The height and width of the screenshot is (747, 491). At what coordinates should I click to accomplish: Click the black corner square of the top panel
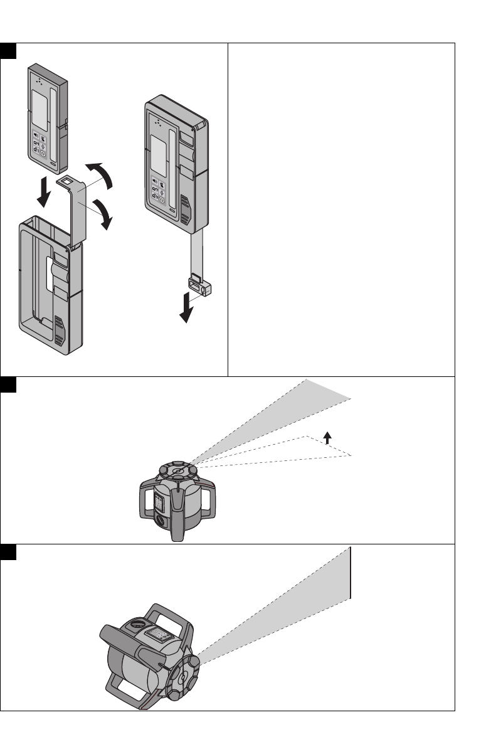(8, 50)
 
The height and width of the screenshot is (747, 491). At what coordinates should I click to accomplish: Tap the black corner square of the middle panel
(8, 384)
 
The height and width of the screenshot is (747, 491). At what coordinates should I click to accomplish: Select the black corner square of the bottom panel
(8, 551)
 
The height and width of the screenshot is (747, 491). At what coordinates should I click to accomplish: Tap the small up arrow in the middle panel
(327, 437)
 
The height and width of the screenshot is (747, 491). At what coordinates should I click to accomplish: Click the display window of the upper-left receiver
(41, 106)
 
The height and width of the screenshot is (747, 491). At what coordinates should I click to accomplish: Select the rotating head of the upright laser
(177, 470)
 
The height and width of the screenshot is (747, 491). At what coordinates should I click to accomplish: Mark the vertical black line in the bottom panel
(351, 573)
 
